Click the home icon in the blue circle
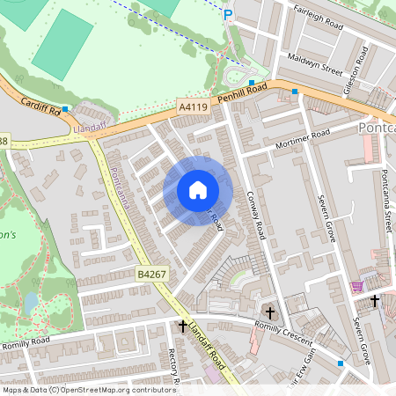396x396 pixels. (x=198, y=190)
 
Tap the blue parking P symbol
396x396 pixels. (x=228, y=14)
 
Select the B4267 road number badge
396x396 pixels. (x=150, y=275)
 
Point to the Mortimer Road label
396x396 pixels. (x=302, y=139)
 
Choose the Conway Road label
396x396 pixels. (x=257, y=216)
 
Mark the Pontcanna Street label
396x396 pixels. (x=385, y=198)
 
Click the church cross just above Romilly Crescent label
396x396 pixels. (x=270, y=312)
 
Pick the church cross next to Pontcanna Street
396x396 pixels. (x=375, y=300)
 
